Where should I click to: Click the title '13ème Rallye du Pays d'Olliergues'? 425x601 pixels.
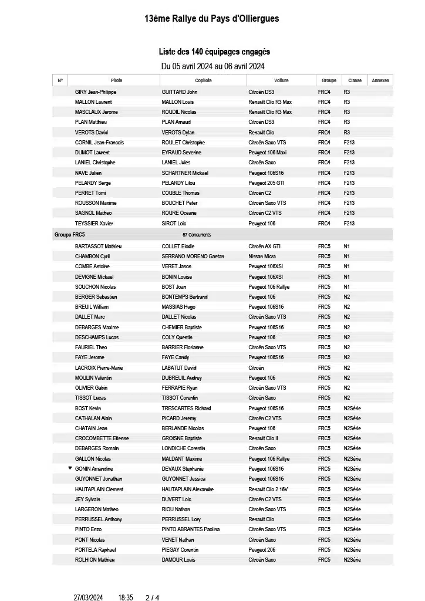[x=212, y=19]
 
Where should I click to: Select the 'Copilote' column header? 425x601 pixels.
[x=203, y=80]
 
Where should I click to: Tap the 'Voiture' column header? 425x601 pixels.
[x=281, y=80]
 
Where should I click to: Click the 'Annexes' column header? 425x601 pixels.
[x=380, y=80]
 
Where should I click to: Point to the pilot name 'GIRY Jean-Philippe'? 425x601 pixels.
[x=96, y=92]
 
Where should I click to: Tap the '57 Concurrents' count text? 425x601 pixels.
[x=197, y=235]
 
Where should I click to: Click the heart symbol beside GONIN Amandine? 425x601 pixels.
[x=70, y=468]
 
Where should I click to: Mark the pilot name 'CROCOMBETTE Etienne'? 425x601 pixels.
[x=102, y=438]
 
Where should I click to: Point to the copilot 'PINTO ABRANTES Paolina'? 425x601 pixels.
[x=191, y=529]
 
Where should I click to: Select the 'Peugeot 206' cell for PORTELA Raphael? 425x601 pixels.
[x=262, y=550]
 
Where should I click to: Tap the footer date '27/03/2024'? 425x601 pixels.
[x=88, y=597]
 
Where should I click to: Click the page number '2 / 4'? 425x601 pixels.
[x=152, y=597]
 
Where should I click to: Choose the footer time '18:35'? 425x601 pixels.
[x=126, y=597]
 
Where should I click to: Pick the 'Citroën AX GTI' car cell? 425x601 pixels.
[x=265, y=247]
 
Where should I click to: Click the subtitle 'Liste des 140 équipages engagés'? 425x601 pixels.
[x=214, y=52]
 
